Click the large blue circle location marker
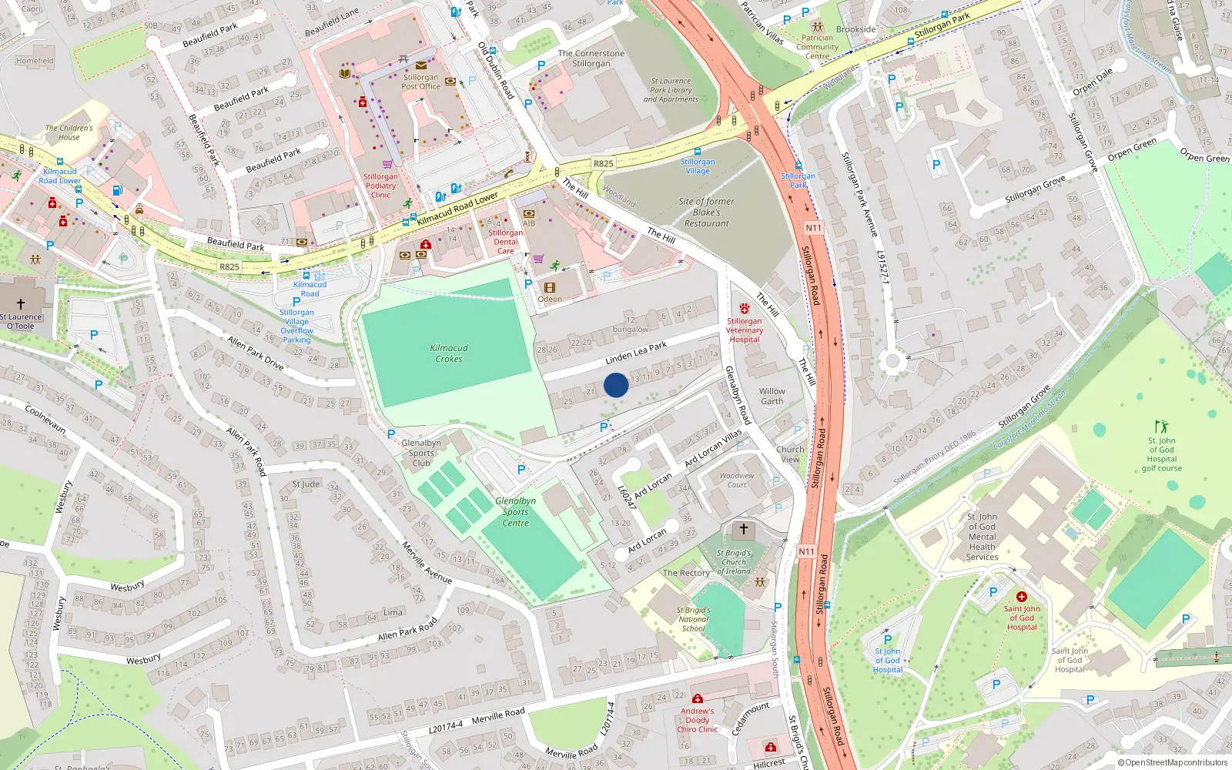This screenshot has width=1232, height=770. click(x=616, y=385)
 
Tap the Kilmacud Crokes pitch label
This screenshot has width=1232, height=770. click(x=449, y=353)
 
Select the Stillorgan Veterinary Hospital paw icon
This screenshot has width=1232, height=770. click(x=744, y=309)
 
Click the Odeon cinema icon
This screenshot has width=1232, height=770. click(x=550, y=288)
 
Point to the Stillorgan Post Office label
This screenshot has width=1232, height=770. click(x=420, y=82)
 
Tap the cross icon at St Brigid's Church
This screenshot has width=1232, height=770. click(x=743, y=529)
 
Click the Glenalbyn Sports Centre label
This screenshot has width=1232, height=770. click(x=515, y=512)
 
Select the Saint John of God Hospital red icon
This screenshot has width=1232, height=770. click(x=1022, y=597)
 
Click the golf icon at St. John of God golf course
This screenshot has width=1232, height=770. click(x=1161, y=426)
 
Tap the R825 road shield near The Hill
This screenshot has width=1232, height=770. click(x=603, y=164)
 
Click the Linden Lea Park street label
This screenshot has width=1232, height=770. click(x=636, y=353)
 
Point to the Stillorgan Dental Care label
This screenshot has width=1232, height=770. click(x=505, y=242)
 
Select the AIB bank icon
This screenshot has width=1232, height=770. click(x=529, y=214)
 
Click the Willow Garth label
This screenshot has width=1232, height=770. click(x=772, y=397)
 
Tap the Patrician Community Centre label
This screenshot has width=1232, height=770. click(x=817, y=47)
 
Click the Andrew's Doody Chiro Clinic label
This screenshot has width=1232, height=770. click(x=697, y=721)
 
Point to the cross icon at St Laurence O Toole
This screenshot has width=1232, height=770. click(x=21, y=304)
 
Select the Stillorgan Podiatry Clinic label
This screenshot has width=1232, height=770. click(x=380, y=186)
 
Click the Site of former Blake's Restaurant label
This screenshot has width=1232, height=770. click(x=706, y=213)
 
